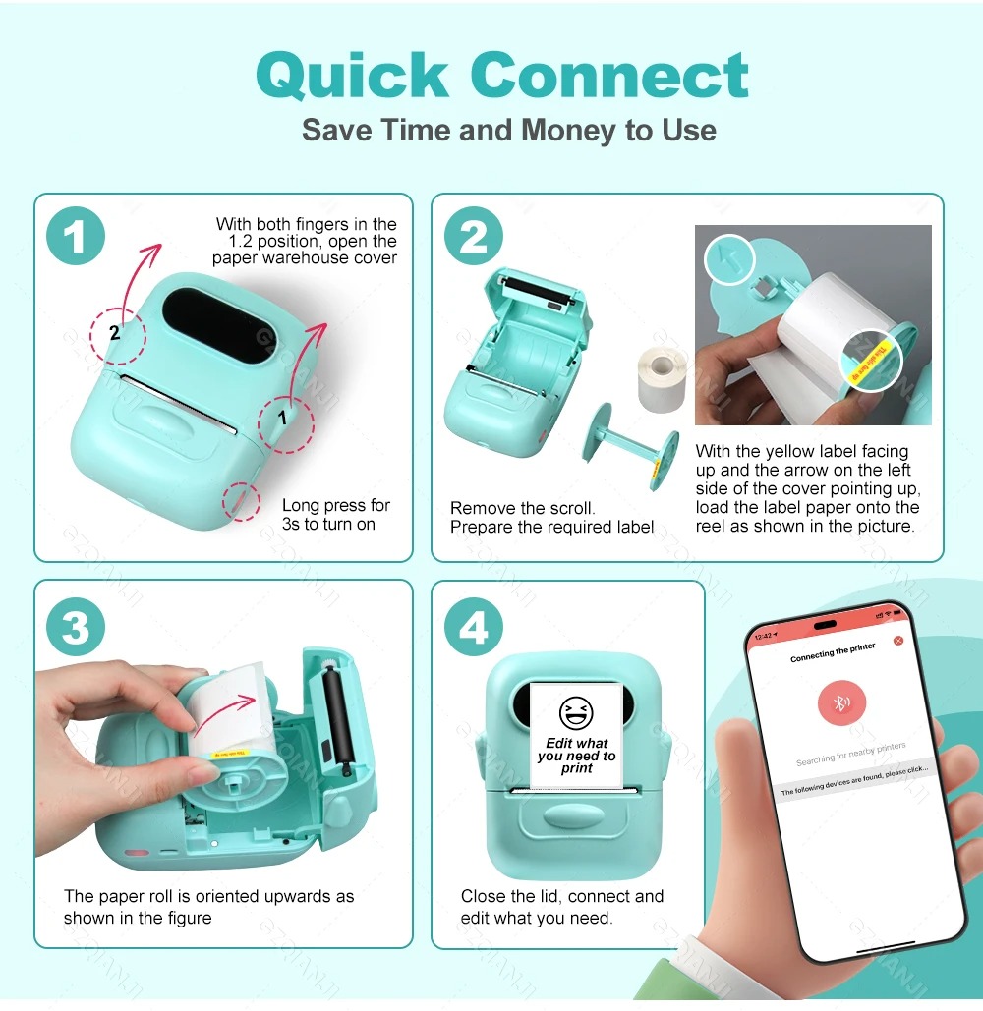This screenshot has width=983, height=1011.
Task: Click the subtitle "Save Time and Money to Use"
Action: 508,130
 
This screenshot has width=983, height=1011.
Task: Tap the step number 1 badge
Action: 76,237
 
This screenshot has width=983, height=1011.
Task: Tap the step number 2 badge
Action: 473,237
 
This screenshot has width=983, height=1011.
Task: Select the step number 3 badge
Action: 76,628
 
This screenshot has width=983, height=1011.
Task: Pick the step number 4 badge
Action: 473,628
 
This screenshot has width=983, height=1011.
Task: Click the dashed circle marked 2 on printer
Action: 117,333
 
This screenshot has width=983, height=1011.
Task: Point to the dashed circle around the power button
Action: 241,500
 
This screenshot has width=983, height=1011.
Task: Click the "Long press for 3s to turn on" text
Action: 335,514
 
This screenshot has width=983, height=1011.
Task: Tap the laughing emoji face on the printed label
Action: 576,714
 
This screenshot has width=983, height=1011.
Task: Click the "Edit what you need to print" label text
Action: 577,756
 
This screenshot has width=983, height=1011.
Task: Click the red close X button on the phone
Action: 896,641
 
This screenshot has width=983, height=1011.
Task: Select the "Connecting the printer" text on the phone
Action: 833,652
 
